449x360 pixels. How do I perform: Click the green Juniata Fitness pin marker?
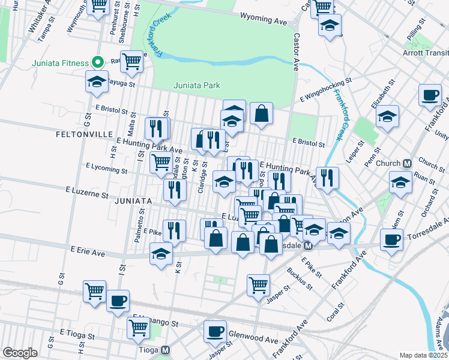(x=97, y=62)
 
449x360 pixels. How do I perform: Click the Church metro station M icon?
(x=407, y=163)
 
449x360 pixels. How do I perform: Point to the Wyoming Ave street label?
(x=263, y=20)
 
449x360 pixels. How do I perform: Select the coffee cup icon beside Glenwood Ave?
(x=214, y=331)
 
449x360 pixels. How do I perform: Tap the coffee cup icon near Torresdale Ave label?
(x=391, y=241)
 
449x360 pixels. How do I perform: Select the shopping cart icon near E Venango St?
(x=138, y=328)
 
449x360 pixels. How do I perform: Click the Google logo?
(x=20, y=353)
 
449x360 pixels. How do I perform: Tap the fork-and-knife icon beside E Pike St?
(x=174, y=230)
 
